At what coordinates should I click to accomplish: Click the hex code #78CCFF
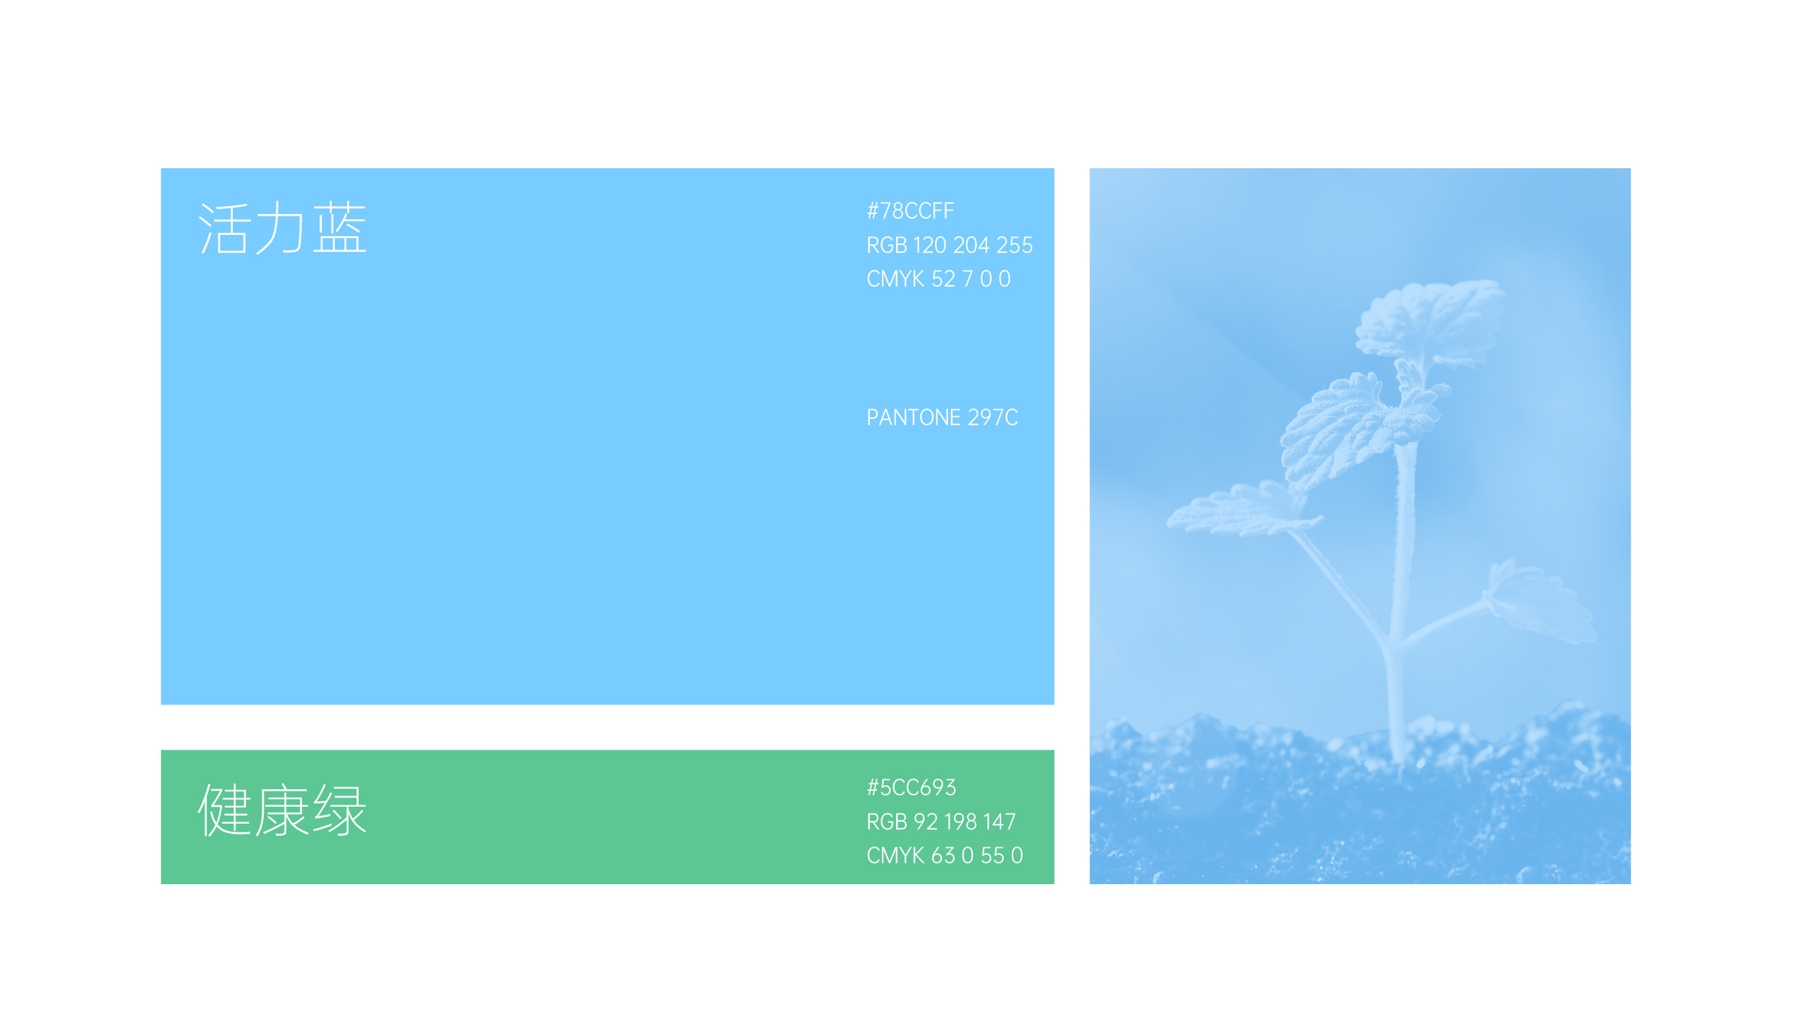click(x=910, y=211)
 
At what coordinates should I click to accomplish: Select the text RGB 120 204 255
click(x=949, y=245)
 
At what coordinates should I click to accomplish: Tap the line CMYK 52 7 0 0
click(x=938, y=279)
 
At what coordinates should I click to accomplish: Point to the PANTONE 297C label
click(x=942, y=417)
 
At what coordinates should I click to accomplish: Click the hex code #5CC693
click(x=912, y=787)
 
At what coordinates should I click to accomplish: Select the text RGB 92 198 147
click(x=941, y=821)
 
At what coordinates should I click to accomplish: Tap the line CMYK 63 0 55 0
click(x=944, y=855)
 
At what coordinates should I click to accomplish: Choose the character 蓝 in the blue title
click(x=339, y=227)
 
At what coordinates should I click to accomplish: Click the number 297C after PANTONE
click(x=993, y=417)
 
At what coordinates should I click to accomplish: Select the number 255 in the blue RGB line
click(x=1015, y=245)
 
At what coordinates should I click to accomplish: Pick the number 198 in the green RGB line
click(x=960, y=821)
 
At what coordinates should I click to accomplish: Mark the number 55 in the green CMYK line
click(x=992, y=855)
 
